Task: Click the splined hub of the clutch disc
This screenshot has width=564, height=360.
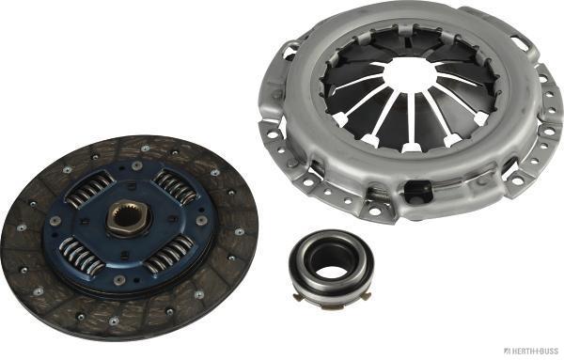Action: [x=128, y=218]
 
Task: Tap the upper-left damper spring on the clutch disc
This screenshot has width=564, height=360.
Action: [x=90, y=190]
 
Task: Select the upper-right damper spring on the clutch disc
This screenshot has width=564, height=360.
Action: [x=177, y=185]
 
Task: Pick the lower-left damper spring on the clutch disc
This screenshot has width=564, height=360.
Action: [x=81, y=256]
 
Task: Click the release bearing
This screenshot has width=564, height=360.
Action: [x=330, y=262]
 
